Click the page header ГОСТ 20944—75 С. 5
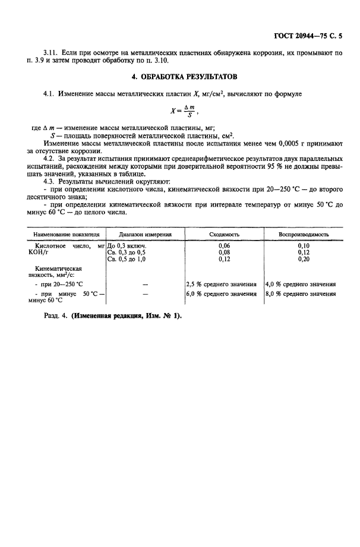tap(313, 36)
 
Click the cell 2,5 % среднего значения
tap(221, 284)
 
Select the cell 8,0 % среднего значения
tap(300, 293)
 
